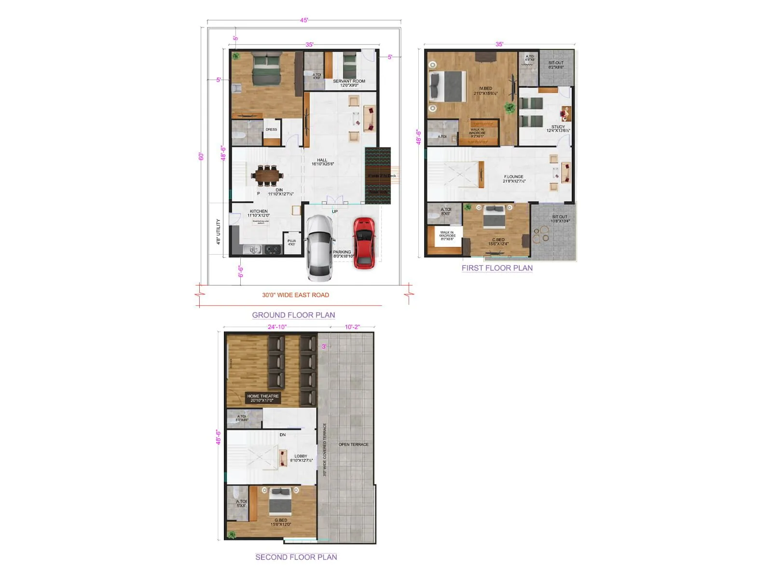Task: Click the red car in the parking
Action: coord(364,243)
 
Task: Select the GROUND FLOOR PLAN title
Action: coord(293,315)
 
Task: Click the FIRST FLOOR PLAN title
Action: coord(497,268)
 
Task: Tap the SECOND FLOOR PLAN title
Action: coord(296,557)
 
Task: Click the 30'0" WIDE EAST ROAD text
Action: coord(295,295)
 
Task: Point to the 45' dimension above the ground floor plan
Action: coord(304,20)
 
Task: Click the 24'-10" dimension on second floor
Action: coord(277,327)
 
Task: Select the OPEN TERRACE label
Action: coord(353,444)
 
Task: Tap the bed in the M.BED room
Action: coord(447,87)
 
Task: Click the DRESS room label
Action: coord(271,129)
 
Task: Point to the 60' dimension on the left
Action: coord(201,156)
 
